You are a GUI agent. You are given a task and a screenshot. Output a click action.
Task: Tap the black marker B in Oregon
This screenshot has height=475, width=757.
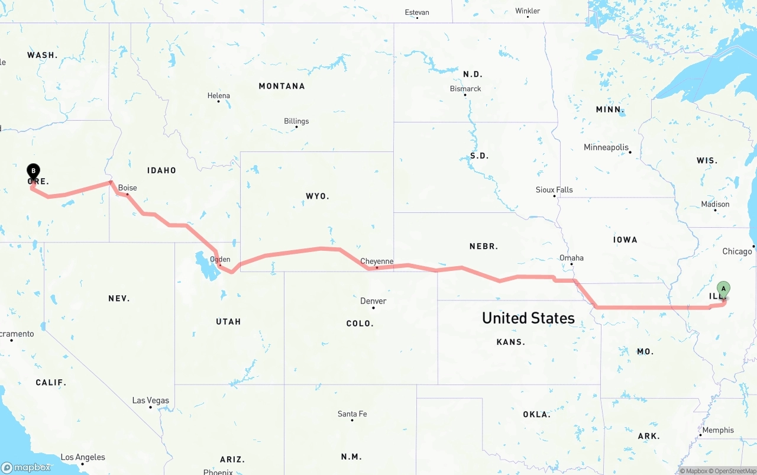34,172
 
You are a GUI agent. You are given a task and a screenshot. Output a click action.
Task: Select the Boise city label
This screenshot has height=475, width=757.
127,188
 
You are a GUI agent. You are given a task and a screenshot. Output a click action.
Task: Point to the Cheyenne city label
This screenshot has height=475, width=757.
377,261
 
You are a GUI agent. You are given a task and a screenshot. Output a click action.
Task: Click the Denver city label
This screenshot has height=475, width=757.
373,301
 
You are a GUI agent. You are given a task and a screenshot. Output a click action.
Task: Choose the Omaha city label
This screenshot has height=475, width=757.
571,258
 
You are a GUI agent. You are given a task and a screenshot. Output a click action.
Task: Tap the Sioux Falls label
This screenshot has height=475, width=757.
554,190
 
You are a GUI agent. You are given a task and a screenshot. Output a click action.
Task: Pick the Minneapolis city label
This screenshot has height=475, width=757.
606,147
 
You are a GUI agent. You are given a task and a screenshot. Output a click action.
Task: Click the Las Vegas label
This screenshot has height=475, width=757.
150,400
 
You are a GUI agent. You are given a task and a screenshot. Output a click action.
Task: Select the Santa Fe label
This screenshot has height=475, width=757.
352,414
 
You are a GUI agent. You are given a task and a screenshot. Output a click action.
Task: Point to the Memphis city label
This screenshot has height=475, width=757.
718,430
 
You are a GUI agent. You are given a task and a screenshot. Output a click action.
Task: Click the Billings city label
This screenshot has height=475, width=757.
296,121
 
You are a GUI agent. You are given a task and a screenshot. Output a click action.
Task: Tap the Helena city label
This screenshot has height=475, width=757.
218,96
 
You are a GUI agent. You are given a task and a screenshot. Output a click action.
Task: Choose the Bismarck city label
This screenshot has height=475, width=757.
465,89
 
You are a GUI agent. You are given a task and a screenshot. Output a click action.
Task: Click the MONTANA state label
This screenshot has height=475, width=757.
282,86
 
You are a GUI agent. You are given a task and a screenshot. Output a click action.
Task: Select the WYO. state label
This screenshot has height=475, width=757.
318,196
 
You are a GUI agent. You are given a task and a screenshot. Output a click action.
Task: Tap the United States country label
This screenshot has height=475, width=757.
528,318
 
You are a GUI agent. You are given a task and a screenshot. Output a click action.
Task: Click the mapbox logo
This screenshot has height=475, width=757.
26,467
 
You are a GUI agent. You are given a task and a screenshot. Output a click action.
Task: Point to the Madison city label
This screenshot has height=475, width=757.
715,204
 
